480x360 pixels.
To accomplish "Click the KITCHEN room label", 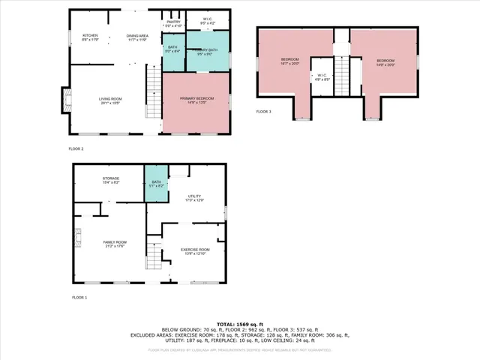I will pos(90,37).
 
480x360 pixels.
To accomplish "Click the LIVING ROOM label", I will pos(111,100).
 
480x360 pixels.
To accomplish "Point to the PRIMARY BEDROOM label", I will pos(196,100).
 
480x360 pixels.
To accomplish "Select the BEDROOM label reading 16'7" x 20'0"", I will pos(289,61).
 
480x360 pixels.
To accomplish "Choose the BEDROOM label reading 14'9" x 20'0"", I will pos(385,61).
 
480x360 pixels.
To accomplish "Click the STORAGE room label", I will pos(111,180).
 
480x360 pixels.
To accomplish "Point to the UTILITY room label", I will pos(195,197).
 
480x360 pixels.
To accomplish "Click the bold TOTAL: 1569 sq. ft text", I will pos(239,324).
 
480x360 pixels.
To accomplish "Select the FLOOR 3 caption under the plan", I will pos(264,112).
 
